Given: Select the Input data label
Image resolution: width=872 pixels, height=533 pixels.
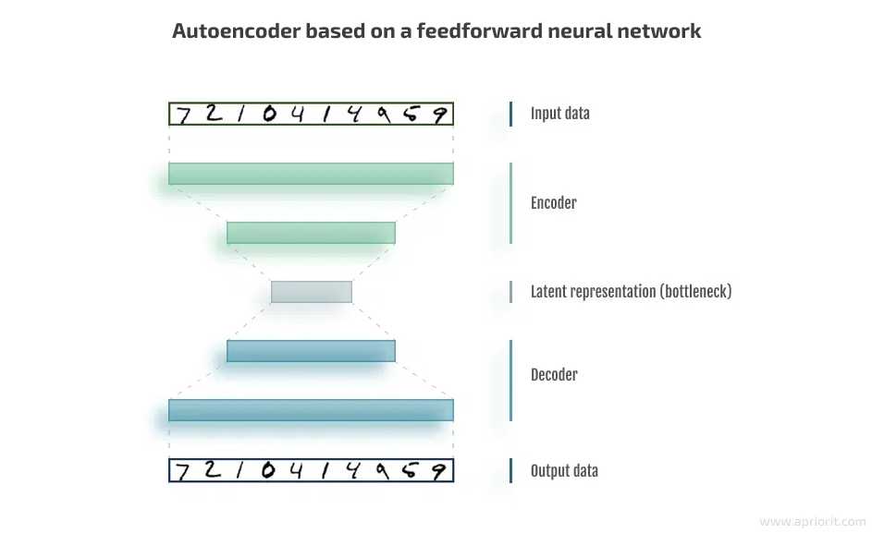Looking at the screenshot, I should click(559, 114).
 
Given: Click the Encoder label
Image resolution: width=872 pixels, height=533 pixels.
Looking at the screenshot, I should click(553, 203).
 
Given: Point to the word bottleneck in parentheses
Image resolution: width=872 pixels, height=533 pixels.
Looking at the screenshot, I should click(694, 292).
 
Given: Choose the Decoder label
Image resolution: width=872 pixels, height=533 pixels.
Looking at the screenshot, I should click(554, 375).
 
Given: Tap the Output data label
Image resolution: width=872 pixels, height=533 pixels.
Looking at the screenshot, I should click(564, 471).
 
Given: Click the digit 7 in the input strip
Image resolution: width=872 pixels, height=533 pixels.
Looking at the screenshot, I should click(184, 115).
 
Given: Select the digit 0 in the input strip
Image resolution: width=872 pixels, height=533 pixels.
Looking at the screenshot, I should click(269, 114).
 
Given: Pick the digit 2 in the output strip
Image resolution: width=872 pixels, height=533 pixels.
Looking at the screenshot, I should click(213, 470).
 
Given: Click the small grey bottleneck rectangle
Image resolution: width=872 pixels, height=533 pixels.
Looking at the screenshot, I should click(311, 292).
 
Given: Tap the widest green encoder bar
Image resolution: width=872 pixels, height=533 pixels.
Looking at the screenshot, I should click(311, 174).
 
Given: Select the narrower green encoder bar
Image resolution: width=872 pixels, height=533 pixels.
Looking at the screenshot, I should click(311, 233).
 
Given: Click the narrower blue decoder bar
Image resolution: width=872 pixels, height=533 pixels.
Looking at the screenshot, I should click(311, 351).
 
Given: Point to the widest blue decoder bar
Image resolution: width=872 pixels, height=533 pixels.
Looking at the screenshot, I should click(311, 410).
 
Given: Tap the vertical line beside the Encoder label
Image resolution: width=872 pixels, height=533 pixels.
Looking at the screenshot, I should click(510, 203).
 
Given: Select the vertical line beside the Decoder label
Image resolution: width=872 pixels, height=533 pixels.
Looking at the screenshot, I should click(510, 380).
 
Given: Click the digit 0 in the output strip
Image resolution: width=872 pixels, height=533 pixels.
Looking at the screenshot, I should click(269, 471).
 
